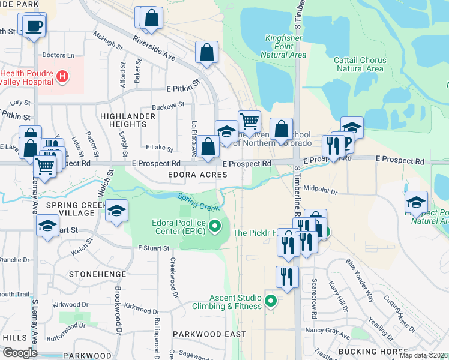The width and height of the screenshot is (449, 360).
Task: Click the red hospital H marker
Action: [x=62, y=76]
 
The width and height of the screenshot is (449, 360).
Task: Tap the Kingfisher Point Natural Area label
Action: [x=285, y=46]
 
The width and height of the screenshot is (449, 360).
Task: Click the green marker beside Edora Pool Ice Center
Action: [x=217, y=227]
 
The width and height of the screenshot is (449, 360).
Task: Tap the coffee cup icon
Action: [x=32, y=26]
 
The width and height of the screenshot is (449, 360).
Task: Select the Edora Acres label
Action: [x=197, y=174]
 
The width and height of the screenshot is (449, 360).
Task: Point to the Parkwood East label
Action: [x=209, y=334]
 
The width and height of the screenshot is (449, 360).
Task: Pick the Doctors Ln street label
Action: [x=58, y=55]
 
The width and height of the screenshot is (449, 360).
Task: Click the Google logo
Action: [x=20, y=353]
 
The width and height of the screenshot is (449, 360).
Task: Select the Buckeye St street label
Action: [x=167, y=106]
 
